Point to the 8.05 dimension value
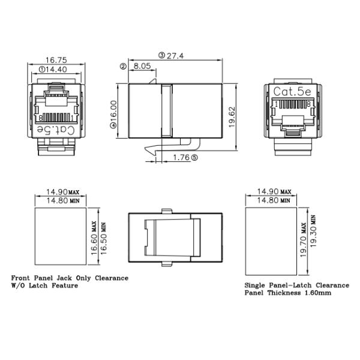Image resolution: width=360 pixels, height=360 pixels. point(142,66)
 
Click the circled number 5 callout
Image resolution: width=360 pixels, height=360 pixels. point(194,157)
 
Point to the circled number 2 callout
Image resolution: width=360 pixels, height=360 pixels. point(123,66)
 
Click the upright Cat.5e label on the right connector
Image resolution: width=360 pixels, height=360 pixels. point(293,91)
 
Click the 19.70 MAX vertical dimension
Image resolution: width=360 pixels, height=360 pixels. point(302,238)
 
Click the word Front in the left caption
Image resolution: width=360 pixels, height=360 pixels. point(23,278)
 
